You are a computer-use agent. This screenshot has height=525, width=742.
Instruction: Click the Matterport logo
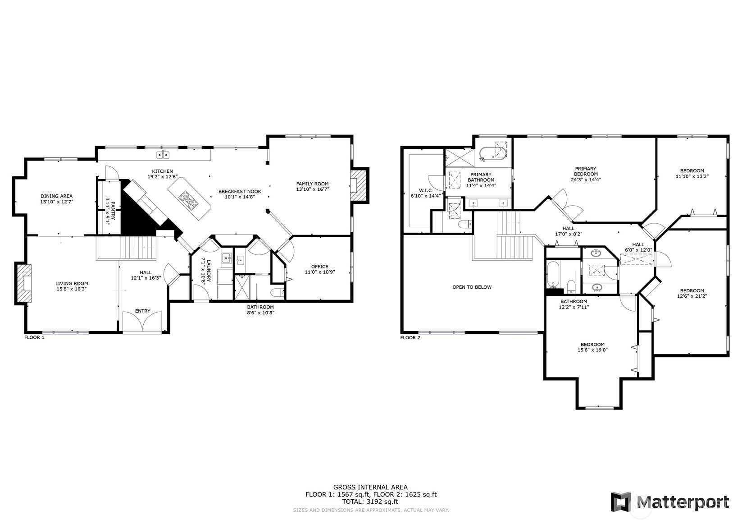pyautogui.click(x=670, y=502)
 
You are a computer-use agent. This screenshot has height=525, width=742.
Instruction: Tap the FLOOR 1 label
pyautogui.click(x=34, y=337)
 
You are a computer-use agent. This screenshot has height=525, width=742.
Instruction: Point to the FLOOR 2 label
pyautogui.click(x=410, y=338)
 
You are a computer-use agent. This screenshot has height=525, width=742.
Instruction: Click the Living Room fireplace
pyautogui.click(x=23, y=283)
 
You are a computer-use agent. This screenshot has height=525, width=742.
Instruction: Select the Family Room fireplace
pyautogui.click(x=359, y=185)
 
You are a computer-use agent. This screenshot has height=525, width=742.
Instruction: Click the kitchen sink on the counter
pyautogui.click(x=163, y=155)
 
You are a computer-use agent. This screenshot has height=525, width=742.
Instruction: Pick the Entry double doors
pyautogui.click(x=142, y=322)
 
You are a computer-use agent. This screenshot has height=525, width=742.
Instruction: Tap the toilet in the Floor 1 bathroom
pyautogui.click(x=277, y=292)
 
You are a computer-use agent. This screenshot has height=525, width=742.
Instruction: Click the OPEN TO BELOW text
pyautogui.click(x=472, y=287)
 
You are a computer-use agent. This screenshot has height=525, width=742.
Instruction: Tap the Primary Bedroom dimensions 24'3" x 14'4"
pyautogui.click(x=586, y=180)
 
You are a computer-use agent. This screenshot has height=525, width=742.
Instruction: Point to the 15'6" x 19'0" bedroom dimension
pyautogui.click(x=592, y=350)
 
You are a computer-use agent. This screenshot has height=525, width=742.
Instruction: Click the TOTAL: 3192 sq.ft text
pyautogui.click(x=370, y=502)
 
